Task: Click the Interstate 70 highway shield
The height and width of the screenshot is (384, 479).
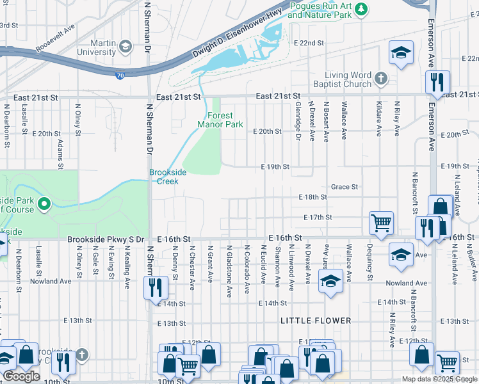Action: point(120,76)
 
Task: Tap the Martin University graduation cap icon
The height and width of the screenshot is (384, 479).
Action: point(125,45)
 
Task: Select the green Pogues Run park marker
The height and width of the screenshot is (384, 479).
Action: point(361,8)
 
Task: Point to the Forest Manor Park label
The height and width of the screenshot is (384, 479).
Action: point(220,120)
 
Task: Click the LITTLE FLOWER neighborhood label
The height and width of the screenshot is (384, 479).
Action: point(316,321)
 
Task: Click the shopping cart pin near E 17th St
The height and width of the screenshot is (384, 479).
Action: point(380,223)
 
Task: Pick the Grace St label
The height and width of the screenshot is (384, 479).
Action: point(344,187)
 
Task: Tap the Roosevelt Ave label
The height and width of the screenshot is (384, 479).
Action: point(56,38)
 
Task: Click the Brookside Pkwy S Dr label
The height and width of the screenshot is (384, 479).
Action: point(105,239)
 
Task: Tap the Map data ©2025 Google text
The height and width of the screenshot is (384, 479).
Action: point(439,379)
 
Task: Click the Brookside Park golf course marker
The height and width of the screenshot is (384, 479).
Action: point(44,205)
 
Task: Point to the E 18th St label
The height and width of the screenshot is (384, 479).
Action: point(313,197)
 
